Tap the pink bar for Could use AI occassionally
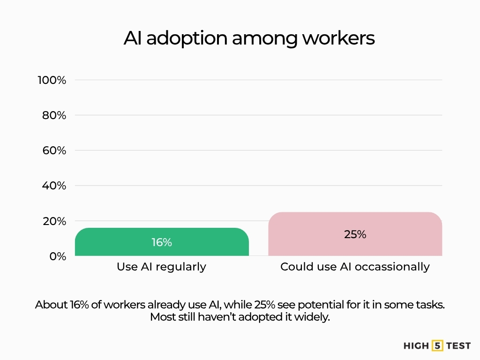click(355, 234)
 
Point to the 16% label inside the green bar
click(162, 242)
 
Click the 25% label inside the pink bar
click(355, 234)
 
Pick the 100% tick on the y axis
click(52, 80)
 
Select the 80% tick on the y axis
click(54, 115)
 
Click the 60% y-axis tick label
click(54, 150)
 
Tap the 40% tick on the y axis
click(54, 186)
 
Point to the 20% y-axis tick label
click(54, 221)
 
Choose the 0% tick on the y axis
click(58, 256)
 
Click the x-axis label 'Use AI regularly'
click(161, 267)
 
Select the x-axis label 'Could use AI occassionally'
click(355, 267)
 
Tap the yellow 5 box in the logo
click(437, 346)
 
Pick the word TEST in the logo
click(458, 346)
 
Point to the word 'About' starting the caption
click(51, 304)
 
